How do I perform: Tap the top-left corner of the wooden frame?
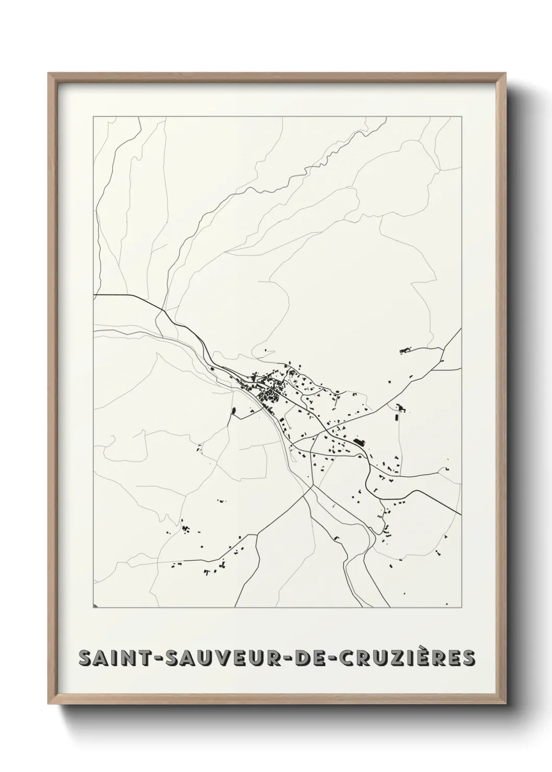pyautogui.click(x=49, y=74)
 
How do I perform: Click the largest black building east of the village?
pyautogui.click(x=359, y=442)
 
